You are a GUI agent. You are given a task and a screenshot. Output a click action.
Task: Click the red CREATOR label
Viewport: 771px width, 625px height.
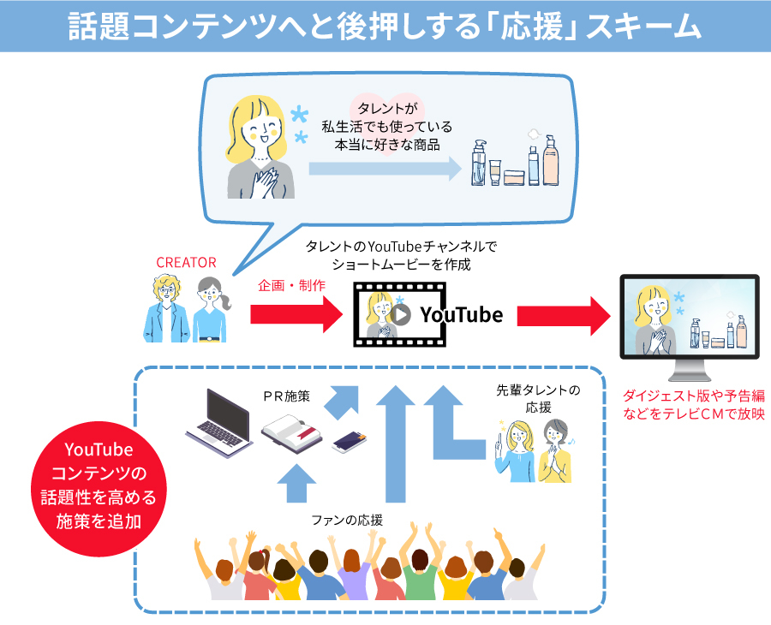(x=186, y=262)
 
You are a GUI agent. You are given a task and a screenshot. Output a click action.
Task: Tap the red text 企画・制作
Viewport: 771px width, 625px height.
(x=291, y=286)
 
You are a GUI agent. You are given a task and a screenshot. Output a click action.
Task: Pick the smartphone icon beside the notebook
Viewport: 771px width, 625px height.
(x=350, y=442)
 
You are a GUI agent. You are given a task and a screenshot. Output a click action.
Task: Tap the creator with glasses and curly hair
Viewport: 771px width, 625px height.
(x=166, y=308)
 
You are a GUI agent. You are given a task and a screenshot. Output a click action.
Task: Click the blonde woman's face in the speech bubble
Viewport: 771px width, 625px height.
(x=260, y=127)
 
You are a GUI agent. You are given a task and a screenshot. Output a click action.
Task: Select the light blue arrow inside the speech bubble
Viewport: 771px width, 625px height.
(x=384, y=169)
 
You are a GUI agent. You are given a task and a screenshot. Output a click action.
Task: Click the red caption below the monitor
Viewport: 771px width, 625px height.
(x=694, y=405)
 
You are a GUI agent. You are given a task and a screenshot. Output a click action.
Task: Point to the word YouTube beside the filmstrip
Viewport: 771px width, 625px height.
(x=461, y=314)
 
